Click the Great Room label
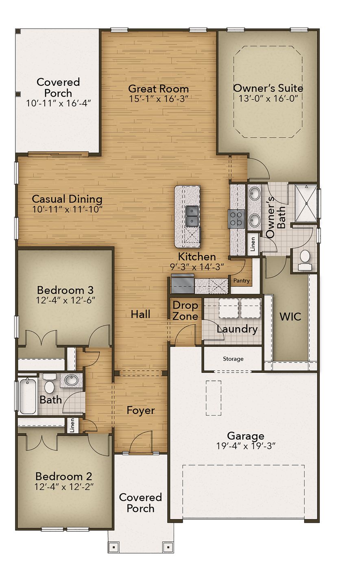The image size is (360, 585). (158, 89)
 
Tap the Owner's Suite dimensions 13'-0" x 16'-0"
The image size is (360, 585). (268, 98)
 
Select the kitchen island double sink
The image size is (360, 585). (192, 216)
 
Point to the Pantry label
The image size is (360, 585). (241, 281)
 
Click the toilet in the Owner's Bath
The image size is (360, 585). (304, 259)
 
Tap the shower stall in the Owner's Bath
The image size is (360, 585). (305, 202)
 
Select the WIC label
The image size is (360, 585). (290, 316)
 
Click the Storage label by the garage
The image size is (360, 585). (233, 359)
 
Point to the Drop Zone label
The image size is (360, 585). (185, 311)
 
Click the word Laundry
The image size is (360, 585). (237, 329)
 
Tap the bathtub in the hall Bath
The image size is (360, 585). (27, 396)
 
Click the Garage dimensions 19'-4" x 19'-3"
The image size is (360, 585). (246, 446)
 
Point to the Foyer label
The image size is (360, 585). (140, 410)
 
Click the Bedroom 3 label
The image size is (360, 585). (65, 290)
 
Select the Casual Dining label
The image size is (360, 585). (67, 199)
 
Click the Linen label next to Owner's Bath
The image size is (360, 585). (253, 244)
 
